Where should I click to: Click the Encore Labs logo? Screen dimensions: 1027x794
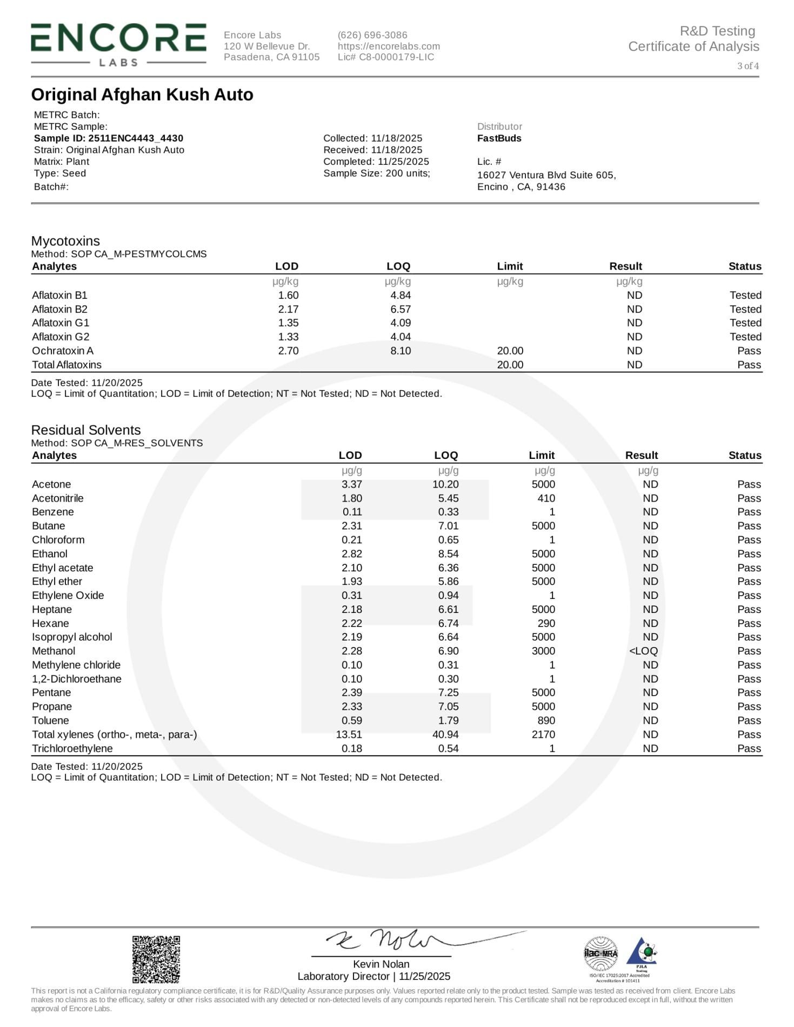click(118, 45)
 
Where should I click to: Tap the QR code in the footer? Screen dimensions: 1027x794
click(156, 959)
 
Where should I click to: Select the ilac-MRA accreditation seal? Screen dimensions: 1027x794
click(600, 953)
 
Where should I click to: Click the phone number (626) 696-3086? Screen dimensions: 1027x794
click(372, 35)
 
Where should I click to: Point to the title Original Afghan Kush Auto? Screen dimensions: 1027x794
click(142, 95)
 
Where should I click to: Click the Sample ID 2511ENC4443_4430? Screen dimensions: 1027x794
click(109, 138)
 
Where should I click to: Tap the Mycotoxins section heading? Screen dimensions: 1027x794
click(65, 241)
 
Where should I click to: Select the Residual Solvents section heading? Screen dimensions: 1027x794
click(86, 430)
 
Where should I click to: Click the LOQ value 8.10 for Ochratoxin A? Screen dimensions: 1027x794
click(401, 351)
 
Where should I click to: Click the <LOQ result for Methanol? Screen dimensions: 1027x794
click(643, 651)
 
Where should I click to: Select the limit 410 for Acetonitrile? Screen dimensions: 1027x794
click(546, 498)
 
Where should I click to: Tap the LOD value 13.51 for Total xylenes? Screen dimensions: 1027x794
click(349, 735)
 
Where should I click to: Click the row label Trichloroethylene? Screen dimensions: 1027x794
click(72, 749)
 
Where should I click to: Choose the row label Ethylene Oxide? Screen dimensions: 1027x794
click(68, 596)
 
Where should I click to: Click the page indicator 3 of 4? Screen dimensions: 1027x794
click(748, 66)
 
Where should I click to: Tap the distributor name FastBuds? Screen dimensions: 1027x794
click(499, 138)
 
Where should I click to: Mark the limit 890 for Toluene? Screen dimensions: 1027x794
click(546, 721)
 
